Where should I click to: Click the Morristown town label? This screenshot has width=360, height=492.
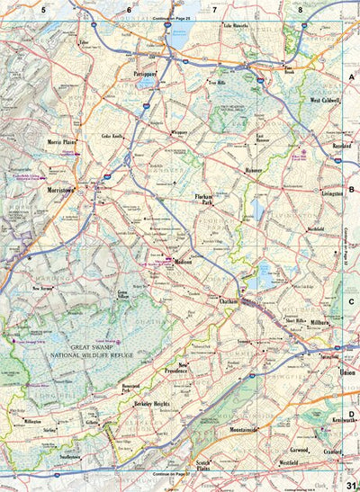pos(67,190)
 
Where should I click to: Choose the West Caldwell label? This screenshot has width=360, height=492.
pos(326,101)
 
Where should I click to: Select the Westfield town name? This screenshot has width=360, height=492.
pos(291,462)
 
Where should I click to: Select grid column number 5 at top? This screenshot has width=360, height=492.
pos(42,10)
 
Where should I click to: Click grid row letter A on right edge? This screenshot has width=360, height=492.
pos(351,78)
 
